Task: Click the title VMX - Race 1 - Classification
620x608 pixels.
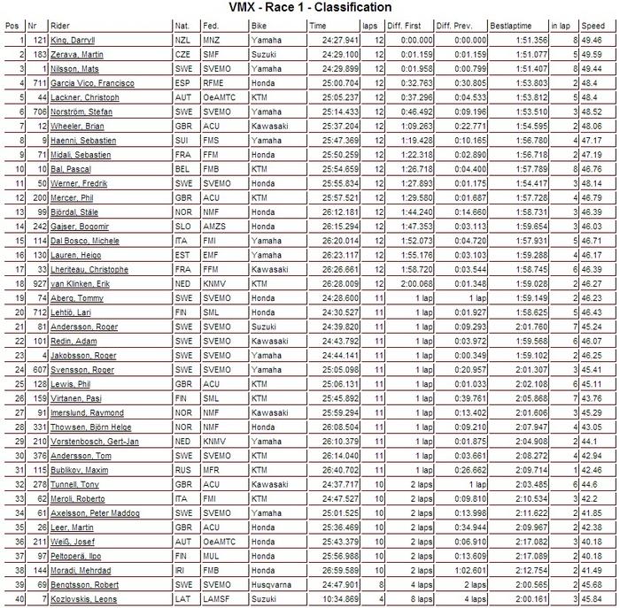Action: click(x=310, y=8)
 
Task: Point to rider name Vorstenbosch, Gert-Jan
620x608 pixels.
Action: click(x=90, y=441)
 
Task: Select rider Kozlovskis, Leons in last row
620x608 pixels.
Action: click(x=82, y=599)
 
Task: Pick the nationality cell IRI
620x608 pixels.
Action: click(x=182, y=572)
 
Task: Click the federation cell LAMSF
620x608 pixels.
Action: click(x=213, y=599)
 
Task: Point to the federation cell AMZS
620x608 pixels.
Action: click(x=212, y=226)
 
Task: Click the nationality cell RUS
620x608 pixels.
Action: click(x=183, y=469)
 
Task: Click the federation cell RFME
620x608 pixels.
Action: click(x=212, y=81)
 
